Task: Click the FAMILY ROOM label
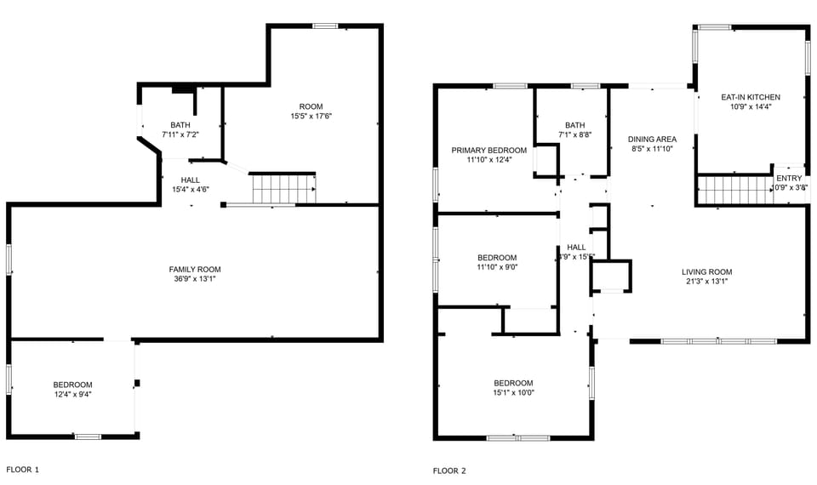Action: pos(194,270)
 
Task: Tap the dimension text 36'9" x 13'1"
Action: pos(194,279)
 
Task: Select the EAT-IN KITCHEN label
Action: pos(750,97)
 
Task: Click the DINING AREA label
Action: pos(652,140)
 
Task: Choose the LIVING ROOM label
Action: pos(706,272)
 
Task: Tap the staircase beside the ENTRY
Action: pos(733,190)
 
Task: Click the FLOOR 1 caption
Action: pos(23,470)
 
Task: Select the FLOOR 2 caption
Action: pos(449,471)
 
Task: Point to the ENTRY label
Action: pos(788,179)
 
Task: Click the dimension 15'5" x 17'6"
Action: pos(311,116)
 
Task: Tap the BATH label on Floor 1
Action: pos(180,125)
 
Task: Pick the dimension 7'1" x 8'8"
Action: pos(574,134)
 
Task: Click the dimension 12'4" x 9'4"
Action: pos(72,394)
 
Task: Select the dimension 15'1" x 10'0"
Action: pos(513,392)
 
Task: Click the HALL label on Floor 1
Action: pos(190,180)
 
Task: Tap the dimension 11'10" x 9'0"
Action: pos(496,267)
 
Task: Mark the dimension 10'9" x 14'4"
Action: pos(750,106)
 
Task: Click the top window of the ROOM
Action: pos(325,26)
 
